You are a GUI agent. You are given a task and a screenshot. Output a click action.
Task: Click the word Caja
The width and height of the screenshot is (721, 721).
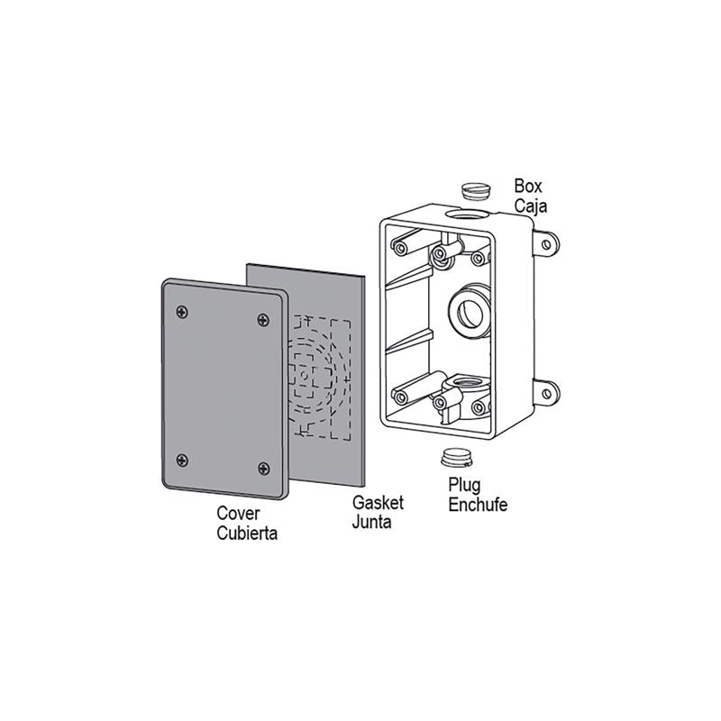click(532, 205)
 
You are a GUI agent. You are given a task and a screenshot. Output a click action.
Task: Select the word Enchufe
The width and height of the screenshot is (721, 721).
click(478, 505)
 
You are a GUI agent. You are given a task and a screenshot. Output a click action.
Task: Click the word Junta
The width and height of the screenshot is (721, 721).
click(371, 522)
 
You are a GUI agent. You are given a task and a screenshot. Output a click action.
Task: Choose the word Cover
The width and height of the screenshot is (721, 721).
click(238, 514)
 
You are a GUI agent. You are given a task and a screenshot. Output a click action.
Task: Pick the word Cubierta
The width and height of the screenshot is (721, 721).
click(247, 533)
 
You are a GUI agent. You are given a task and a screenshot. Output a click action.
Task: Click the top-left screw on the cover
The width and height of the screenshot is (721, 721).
click(184, 312)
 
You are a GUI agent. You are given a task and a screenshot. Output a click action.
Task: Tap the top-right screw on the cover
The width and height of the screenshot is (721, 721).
click(263, 320)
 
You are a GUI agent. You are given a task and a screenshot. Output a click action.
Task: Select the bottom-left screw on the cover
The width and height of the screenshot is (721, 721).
click(184, 459)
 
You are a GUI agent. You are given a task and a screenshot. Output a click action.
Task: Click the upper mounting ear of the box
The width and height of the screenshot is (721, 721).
click(546, 242)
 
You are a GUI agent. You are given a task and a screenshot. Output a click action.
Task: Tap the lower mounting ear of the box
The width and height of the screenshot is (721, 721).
click(546, 390)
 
